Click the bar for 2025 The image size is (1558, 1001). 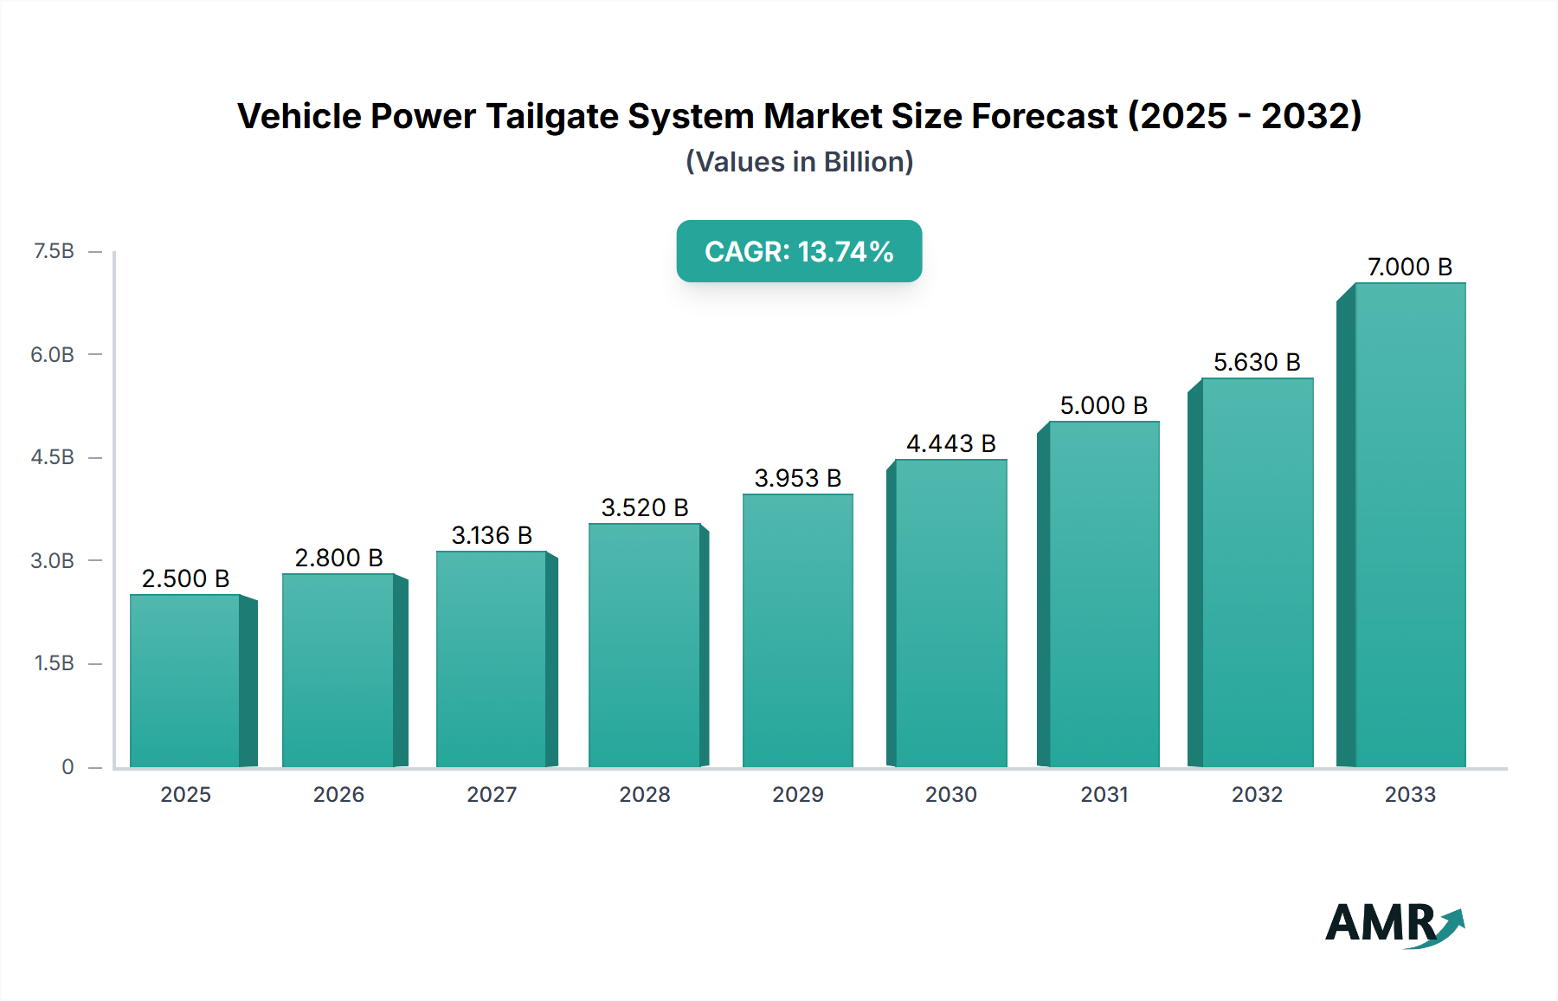[185, 681]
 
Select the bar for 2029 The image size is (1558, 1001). [797, 630]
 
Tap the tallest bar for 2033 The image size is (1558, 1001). [1409, 525]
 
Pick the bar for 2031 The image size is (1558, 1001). [1104, 594]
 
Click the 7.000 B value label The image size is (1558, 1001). [1409, 267]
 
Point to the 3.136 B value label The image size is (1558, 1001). [492, 535]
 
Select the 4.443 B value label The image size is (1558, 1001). [950, 443]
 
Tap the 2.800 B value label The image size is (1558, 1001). [338, 558]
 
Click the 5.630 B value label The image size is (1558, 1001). [1257, 362]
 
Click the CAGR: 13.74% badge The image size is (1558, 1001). [799, 251]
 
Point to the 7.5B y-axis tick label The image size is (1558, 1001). [54, 251]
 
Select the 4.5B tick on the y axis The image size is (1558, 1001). [53, 457]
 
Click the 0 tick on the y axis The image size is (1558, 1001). [68, 766]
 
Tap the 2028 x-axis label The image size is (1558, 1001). [645, 794]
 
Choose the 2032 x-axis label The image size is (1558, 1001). [1257, 794]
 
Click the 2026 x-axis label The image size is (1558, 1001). [338, 794]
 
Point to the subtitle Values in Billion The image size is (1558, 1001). [799, 162]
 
